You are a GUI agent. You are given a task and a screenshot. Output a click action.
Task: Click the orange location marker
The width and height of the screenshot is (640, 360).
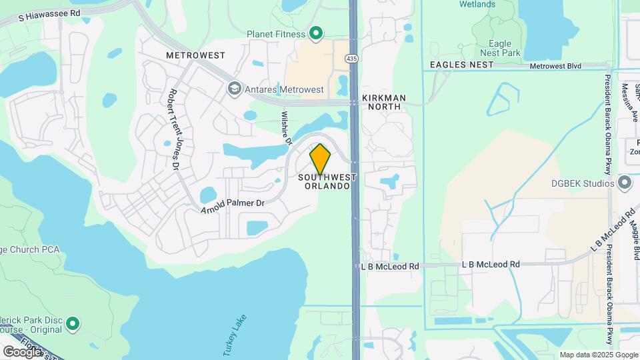320,159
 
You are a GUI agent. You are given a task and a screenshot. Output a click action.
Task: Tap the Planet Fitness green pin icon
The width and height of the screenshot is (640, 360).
317,33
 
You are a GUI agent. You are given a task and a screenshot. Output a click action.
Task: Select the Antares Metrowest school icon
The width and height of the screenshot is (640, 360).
234,89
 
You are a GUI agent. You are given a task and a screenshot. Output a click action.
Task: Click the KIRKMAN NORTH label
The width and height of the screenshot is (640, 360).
382,102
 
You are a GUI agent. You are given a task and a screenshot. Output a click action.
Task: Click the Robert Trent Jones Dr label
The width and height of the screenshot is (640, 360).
174,129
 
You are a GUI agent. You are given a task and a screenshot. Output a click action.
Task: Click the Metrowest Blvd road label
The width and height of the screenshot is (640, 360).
556,65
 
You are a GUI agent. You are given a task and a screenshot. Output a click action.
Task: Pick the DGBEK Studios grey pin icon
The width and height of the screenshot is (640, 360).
625,182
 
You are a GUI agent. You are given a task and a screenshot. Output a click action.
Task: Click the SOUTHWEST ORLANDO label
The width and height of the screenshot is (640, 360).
327,181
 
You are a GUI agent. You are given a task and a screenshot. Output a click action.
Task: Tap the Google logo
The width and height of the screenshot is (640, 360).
21,351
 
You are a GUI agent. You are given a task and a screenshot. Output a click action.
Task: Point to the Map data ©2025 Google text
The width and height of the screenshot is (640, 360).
599,355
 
